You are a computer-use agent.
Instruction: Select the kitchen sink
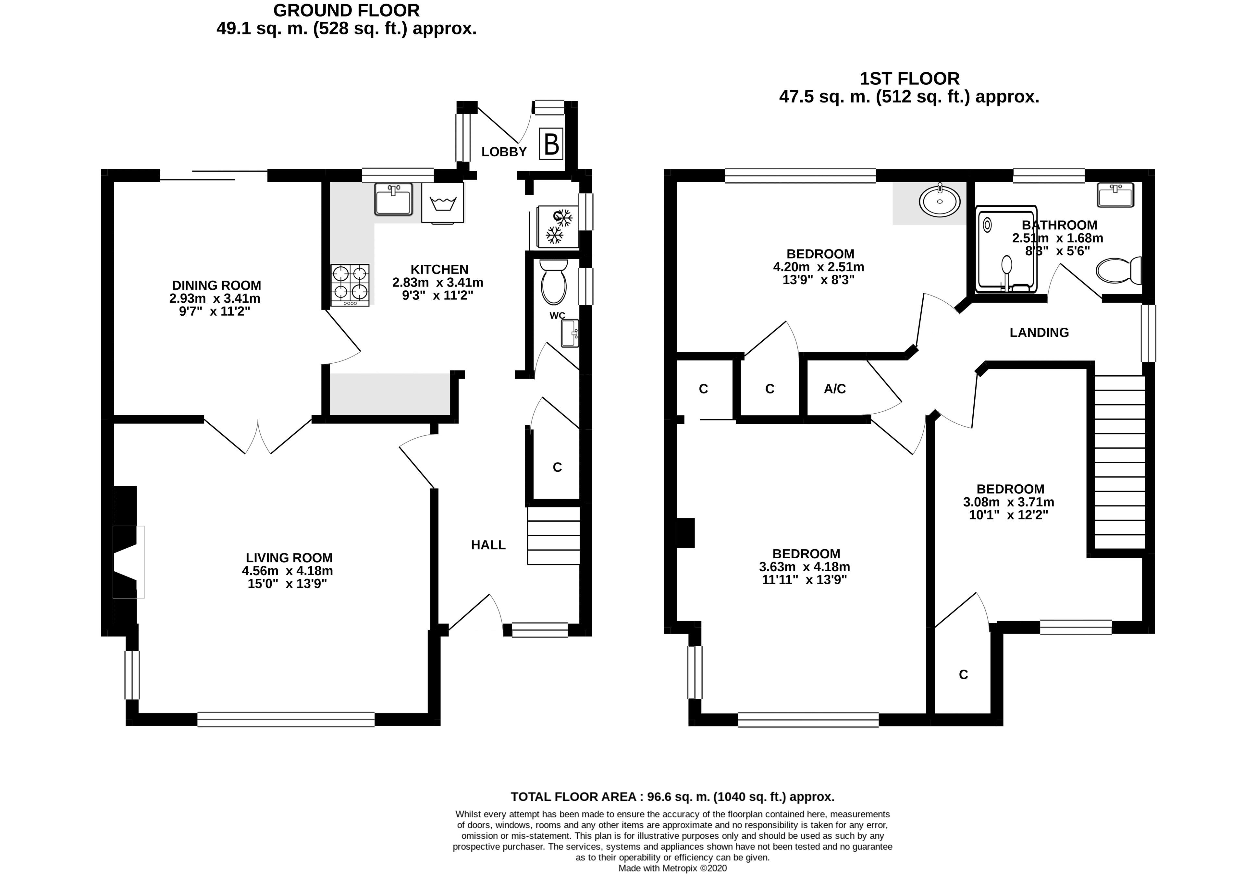tap(393, 199)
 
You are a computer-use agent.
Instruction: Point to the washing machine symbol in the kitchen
tap(443, 203)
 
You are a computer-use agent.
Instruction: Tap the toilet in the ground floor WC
tap(554, 282)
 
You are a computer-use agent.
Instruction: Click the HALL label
tap(488, 545)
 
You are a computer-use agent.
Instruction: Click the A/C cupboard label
tap(835, 389)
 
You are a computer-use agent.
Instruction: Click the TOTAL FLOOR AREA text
tap(672, 796)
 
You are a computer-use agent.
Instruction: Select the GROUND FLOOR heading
tap(346, 10)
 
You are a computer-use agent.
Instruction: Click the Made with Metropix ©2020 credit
tap(672, 868)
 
